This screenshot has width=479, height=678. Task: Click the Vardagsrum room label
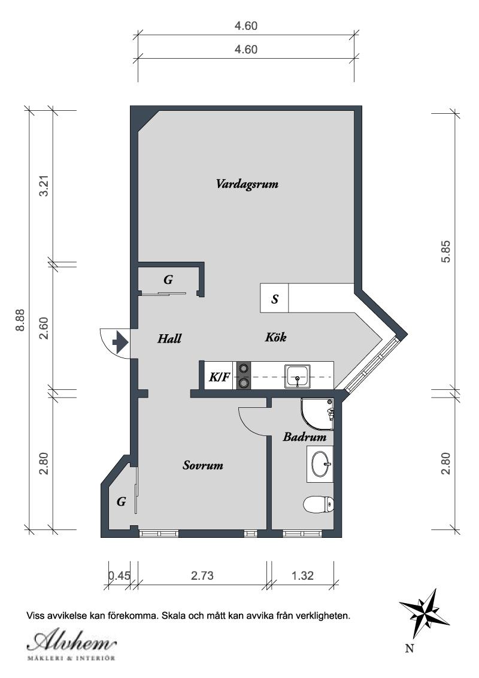coord(247,184)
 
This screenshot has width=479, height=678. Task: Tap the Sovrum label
coord(203,465)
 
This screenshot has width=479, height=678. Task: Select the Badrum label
coord(304,437)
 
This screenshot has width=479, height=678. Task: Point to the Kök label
coord(275,337)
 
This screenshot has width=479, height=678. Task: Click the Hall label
coord(169,338)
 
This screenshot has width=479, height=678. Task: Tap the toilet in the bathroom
coord(319,504)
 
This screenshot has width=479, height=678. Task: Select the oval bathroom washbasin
coord(320,464)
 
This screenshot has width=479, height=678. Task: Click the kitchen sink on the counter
coord(298,376)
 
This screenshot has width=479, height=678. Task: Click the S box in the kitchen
coord(274,298)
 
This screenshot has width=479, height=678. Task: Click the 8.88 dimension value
coord(20,320)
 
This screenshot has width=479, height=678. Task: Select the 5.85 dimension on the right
coord(445,251)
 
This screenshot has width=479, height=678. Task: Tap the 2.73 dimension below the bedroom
coord(202,576)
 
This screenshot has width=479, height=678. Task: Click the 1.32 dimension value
coord(302,576)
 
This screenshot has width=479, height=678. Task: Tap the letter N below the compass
coord(410,647)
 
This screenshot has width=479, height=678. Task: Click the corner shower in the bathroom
coord(318,414)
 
